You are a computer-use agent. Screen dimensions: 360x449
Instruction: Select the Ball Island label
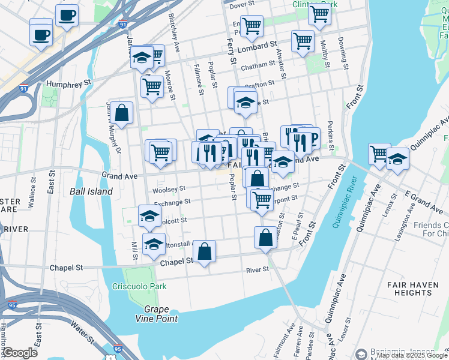(x=91, y=191)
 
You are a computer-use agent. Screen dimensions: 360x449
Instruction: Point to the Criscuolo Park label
(x=139, y=286)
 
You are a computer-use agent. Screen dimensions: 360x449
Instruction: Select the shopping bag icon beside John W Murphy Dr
(x=121, y=113)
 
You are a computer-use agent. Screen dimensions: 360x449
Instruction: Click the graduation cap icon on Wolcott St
(x=149, y=216)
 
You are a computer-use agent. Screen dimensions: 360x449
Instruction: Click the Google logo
(x=20, y=352)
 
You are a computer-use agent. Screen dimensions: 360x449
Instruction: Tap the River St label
(x=258, y=270)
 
